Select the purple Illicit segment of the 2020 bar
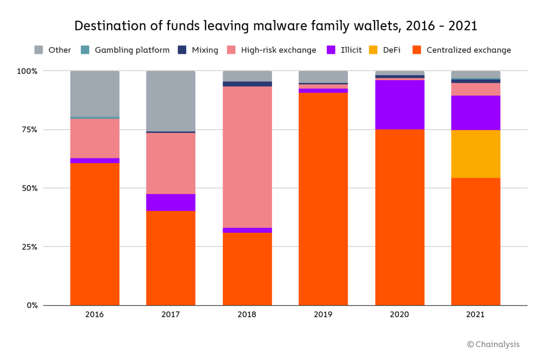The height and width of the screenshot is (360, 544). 399,105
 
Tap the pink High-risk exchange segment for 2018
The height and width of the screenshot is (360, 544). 247,157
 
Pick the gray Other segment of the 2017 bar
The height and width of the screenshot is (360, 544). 170,101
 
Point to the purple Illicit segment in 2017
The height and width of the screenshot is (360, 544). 170,202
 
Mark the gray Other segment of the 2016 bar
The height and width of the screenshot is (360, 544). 95,93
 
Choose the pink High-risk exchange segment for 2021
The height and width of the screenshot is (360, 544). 476,89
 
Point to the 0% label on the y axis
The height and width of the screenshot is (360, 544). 31,305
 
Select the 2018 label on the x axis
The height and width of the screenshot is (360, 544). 247,315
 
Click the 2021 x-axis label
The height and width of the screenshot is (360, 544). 476,315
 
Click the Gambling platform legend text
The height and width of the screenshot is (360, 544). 132,50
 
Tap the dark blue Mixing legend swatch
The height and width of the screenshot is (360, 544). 182,50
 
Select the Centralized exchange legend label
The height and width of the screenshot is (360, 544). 468,50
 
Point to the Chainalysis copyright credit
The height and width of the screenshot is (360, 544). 493,344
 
